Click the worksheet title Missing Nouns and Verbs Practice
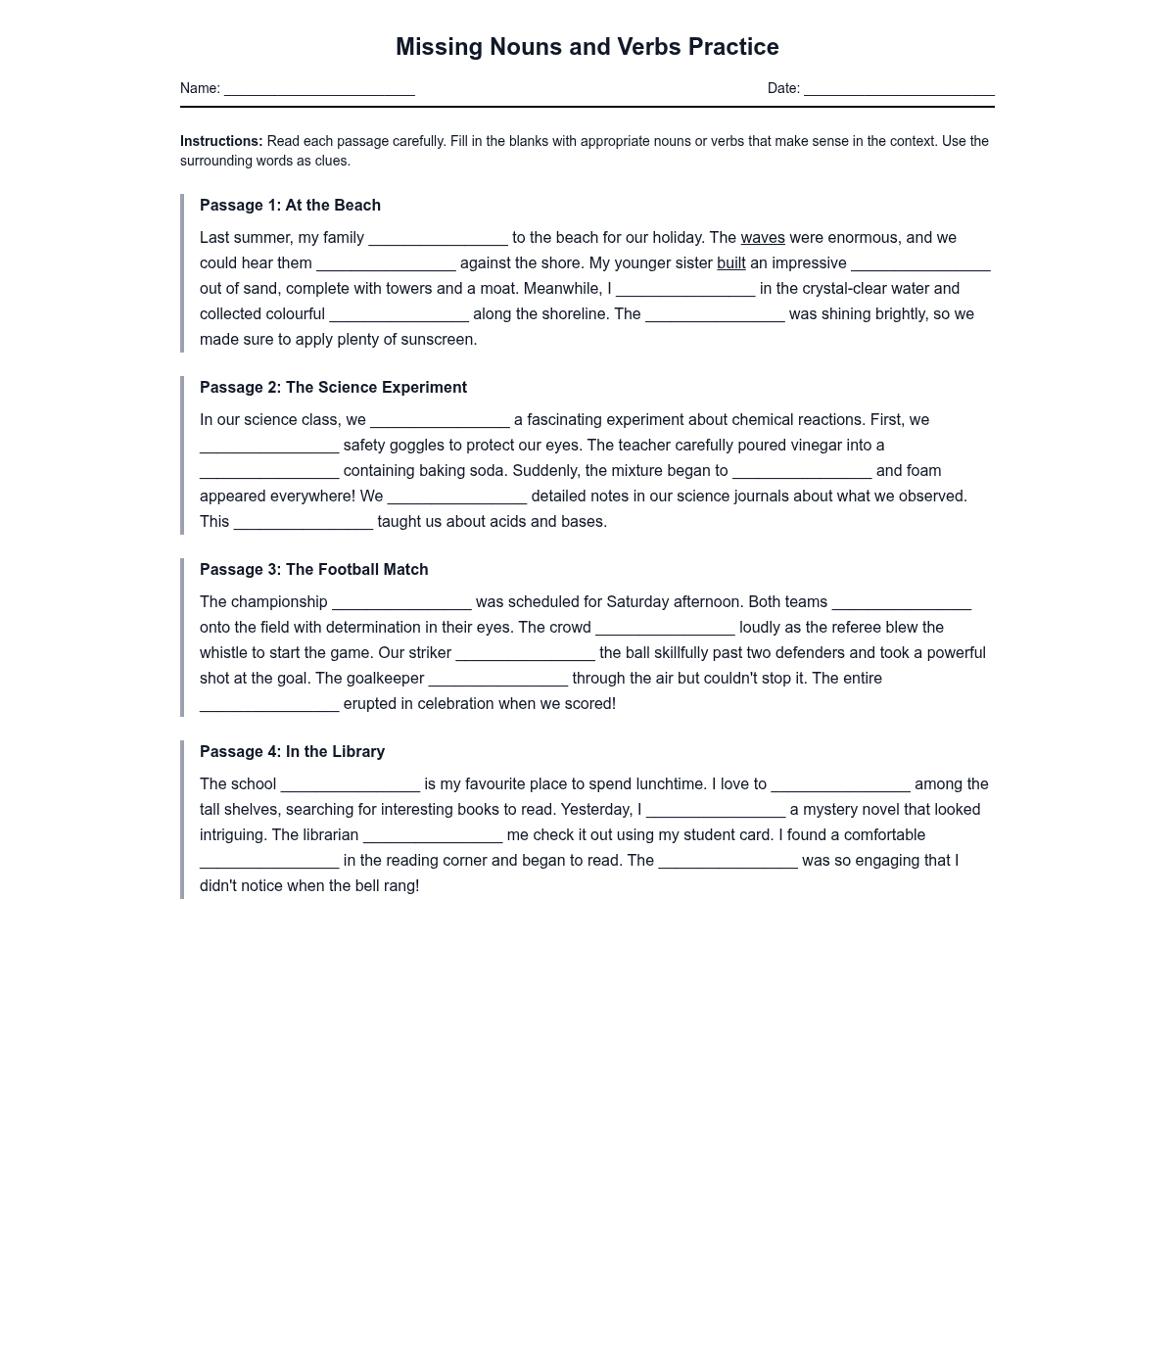tap(587, 47)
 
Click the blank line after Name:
tap(319, 89)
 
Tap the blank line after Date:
tap(899, 89)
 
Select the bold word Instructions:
tap(221, 141)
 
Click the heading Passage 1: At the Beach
tap(290, 205)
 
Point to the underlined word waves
tap(763, 238)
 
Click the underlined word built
tap(731, 263)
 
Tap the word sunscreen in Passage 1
tap(439, 340)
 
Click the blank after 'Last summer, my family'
tap(438, 238)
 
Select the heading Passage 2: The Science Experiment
tap(333, 387)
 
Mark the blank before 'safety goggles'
tap(269, 446)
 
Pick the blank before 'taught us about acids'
tap(304, 522)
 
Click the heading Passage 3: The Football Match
tap(313, 569)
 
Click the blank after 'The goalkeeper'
tap(498, 679)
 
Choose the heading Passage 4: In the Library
tap(292, 751)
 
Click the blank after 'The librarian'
tap(433, 835)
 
